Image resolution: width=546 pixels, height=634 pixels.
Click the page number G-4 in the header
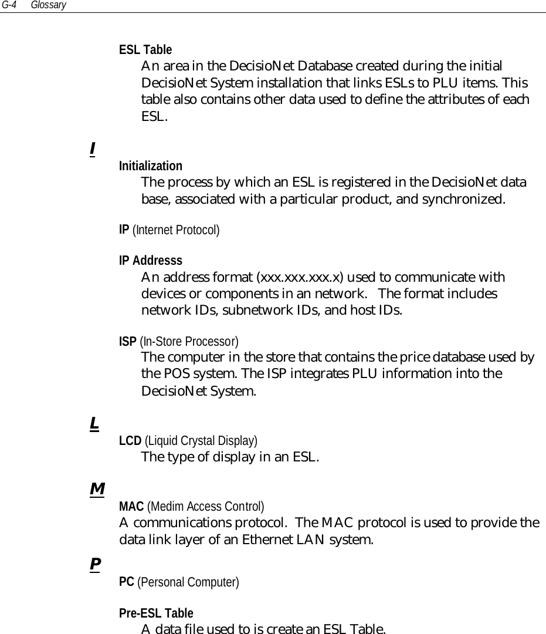[8, 5]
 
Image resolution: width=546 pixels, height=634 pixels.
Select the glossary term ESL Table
[145, 49]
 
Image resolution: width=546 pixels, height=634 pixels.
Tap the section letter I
[93, 149]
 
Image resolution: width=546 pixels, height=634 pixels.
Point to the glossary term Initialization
[151, 166]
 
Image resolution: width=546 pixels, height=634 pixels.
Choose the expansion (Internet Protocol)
[177, 230]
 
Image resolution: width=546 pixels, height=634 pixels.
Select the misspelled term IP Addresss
[151, 260]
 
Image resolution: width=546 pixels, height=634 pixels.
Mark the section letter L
[93, 423]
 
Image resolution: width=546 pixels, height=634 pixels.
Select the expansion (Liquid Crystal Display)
[201, 440]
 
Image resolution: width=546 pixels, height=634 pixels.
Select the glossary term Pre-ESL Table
[156, 613]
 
